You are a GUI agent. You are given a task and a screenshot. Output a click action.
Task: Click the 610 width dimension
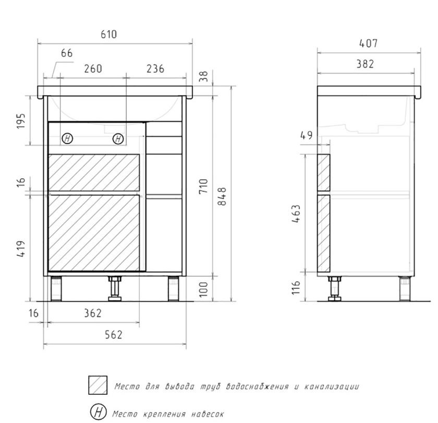coord(108,34)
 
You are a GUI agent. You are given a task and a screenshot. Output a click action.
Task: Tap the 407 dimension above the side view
coord(369,43)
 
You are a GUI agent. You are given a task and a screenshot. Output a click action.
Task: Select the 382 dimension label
coord(365,64)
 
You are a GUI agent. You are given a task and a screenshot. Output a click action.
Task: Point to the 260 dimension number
coord(93,69)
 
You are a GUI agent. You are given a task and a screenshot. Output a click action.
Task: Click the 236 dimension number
coord(155,69)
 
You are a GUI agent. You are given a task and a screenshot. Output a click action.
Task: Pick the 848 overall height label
coord(222,196)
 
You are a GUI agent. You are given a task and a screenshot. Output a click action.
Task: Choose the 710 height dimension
coord(203,186)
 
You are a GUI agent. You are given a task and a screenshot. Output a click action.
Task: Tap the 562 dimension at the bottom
coord(114,335)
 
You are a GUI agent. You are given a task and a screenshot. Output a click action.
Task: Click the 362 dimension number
coord(93,313)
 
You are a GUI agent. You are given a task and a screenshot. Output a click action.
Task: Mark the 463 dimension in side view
coord(296,214)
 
